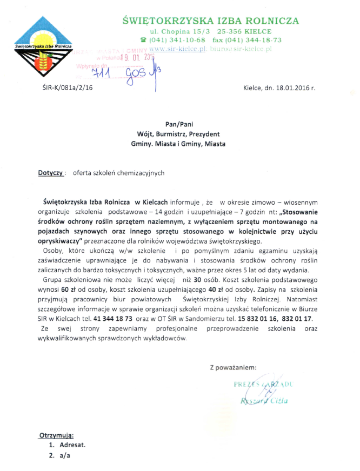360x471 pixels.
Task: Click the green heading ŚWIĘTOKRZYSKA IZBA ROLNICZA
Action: pyautogui.click(x=211, y=21)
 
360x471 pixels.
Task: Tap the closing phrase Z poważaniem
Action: pyautogui.click(x=233, y=368)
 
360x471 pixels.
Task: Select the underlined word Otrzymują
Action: pyautogui.click(x=56, y=435)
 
